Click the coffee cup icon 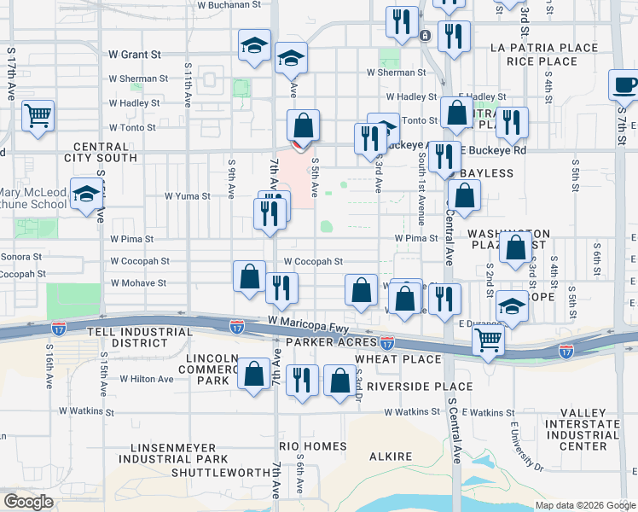(625, 85)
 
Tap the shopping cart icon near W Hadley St (38, 114)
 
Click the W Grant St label (135, 55)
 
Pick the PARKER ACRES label (325, 342)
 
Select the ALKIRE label (391, 457)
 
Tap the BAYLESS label (487, 173)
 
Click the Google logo (28, 502)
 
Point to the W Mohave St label (136, 282)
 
